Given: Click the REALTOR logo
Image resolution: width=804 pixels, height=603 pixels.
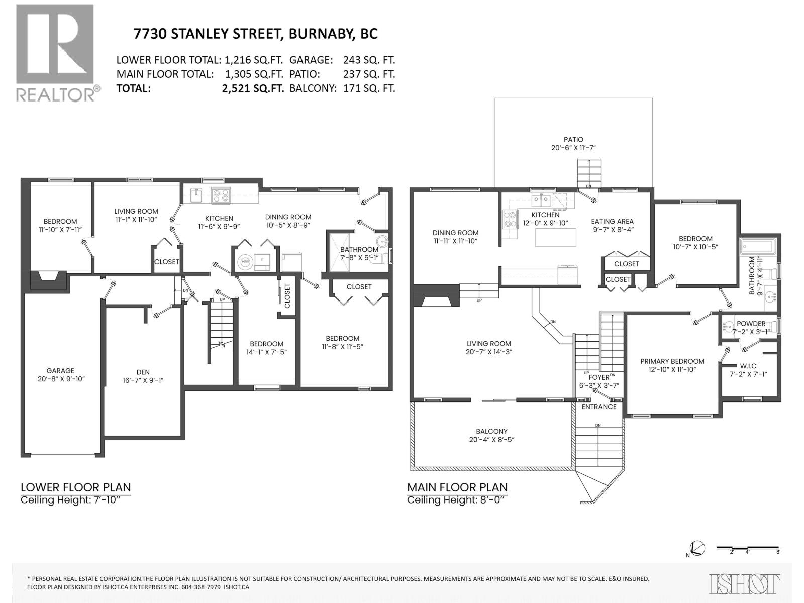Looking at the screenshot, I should pyautogui.click(x=55, y=53).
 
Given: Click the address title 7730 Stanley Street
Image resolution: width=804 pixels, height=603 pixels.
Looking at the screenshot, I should pyautogui.click(x=255, y=34).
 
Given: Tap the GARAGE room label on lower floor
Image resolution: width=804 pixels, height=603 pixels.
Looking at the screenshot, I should pyautogui.click(x=60, y=371).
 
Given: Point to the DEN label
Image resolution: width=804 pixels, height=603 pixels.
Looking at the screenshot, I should pyautogui.click(x=143, y=372).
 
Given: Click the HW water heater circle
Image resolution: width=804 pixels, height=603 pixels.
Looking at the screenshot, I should pyautogui.click(x=245, y=261).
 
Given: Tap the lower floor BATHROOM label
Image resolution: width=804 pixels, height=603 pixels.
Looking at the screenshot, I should pyautogui.click(x=359, y=250).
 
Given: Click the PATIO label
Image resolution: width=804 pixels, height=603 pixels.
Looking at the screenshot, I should pyautogui.click(x=573, y=140).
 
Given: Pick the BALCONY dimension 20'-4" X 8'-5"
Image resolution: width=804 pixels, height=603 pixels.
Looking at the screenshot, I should pyautogui.click(x=492, y=439).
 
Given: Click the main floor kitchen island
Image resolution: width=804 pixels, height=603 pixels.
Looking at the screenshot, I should pyautogui.click(x=555, y=237).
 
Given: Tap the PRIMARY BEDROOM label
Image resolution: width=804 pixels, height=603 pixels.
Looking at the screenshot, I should pyautogui.click(x=672, y=361).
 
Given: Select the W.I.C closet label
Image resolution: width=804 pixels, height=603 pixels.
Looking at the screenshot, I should pyautogui.click(x=748, y=366).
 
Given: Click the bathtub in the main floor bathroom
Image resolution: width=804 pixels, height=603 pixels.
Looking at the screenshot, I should pyautogui.click(x=758, y=247).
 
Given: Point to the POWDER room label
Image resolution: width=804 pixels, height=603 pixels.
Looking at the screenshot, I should pyautogui.click(x=751, y=324).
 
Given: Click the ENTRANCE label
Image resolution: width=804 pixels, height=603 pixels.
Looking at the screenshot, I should pyautogui.click(x=599, y=407).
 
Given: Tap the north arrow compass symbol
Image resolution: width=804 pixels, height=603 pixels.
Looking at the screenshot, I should pyautogui.click(x=697, y=549).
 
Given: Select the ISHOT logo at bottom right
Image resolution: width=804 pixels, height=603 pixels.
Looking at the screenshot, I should pyautogui.click(x=745, y=584).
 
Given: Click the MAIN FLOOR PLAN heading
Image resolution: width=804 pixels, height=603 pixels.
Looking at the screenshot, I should pyautogui.click(x=457, y=487).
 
